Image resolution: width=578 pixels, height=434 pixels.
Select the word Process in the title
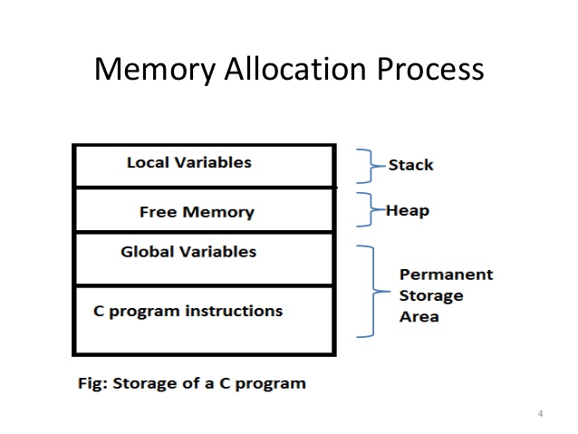pos(430,70)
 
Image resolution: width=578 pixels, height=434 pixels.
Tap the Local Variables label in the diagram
pos(189,163)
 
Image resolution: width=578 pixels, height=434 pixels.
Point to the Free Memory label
pos(197,213)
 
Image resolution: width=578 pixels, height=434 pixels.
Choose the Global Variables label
pos(188,251)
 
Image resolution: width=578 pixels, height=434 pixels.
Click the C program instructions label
pos(188,311)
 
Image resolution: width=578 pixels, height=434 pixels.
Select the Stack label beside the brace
pos(410,165)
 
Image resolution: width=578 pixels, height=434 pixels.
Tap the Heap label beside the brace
pos(408,211)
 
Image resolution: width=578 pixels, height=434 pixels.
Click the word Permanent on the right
pos(447,274)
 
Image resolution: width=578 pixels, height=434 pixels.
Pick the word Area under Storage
pos(419,317)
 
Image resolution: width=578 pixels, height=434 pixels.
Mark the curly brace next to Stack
pos(367,166)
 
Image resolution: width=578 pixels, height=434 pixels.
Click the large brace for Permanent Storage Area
pos(370,292)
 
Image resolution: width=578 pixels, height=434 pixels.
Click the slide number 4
pos(540,414)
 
